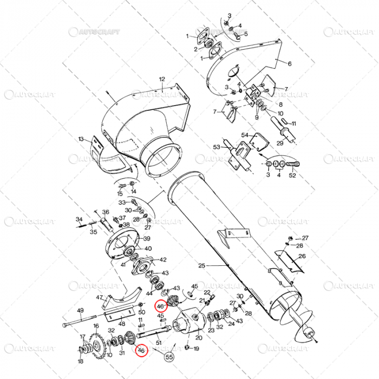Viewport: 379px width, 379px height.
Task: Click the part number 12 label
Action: pos(161,80)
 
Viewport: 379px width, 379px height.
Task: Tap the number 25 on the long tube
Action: pos(202,266)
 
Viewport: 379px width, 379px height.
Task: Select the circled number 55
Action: pos(169,356)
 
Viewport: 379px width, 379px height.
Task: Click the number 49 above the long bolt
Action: pos(80,310)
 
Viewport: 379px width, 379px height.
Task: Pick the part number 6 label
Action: pos(289,63)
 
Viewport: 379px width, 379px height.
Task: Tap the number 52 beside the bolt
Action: pos(292,175)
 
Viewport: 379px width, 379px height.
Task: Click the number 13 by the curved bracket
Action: pos(81,139)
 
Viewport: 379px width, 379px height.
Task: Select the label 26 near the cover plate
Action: pos(302,256)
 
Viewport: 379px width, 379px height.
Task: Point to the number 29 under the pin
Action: pos(280,143)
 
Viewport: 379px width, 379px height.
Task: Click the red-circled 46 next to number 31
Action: pos(141,351)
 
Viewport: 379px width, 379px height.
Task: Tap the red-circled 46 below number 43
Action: pos(160,306)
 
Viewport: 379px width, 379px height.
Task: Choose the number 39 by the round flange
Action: pos(147,239)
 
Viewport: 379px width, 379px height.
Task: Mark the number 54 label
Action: pos(244,135)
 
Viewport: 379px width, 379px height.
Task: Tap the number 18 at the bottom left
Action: pos(80,361)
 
